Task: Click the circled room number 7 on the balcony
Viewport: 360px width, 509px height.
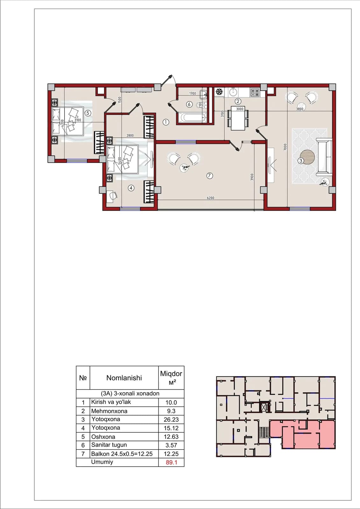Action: coord(209,176)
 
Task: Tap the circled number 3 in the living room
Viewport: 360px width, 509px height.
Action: coord(301,161)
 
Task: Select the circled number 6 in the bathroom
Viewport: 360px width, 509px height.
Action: coord(189,104)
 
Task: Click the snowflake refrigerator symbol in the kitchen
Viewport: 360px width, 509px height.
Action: coord(219,92)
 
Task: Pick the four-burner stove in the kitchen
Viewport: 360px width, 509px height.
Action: coord(255,93)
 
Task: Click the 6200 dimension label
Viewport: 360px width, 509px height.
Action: coord(210,198)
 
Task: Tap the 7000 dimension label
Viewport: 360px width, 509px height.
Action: coord(285,147)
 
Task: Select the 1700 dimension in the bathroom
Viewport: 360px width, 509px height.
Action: coord(192,93)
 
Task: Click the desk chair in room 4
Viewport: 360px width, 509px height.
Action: coord(113,195)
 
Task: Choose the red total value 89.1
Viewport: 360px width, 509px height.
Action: coord(172,463)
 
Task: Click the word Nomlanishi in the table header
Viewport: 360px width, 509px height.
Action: coord(124,378)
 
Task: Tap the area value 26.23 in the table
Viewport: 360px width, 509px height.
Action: coord(171,420)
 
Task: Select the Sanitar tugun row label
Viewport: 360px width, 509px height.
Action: coord(109,445)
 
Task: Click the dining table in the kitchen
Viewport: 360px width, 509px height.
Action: coord(238,118)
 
